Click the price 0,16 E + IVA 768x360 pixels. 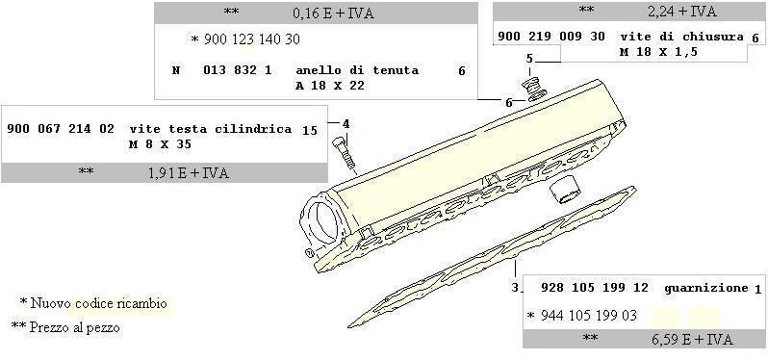tap(333, 13)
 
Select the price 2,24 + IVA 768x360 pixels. tap(681, 12)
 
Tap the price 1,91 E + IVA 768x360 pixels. tap(188, 173)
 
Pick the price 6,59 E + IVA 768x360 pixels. tap(693, 340)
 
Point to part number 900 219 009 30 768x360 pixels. tap(551, 37)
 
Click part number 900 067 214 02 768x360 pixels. tap(61, 129)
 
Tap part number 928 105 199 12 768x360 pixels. tap(595, 288)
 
